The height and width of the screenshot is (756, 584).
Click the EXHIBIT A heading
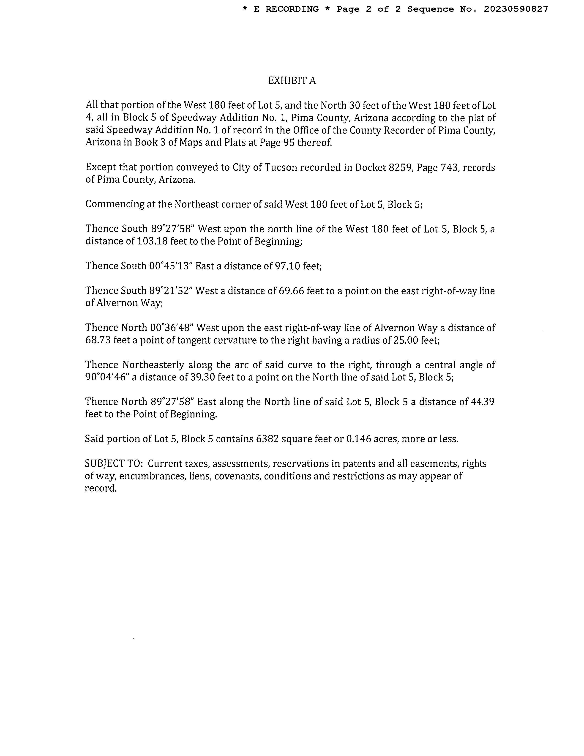coord(292,81)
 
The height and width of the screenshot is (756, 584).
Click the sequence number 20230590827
coord(516,9)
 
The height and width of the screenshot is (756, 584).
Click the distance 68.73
coord(98,340)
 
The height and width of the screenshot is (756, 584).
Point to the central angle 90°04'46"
coord(107,377)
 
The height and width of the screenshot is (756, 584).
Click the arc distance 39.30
coord(202,377)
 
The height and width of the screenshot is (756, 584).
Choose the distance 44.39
coord(483,402)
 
